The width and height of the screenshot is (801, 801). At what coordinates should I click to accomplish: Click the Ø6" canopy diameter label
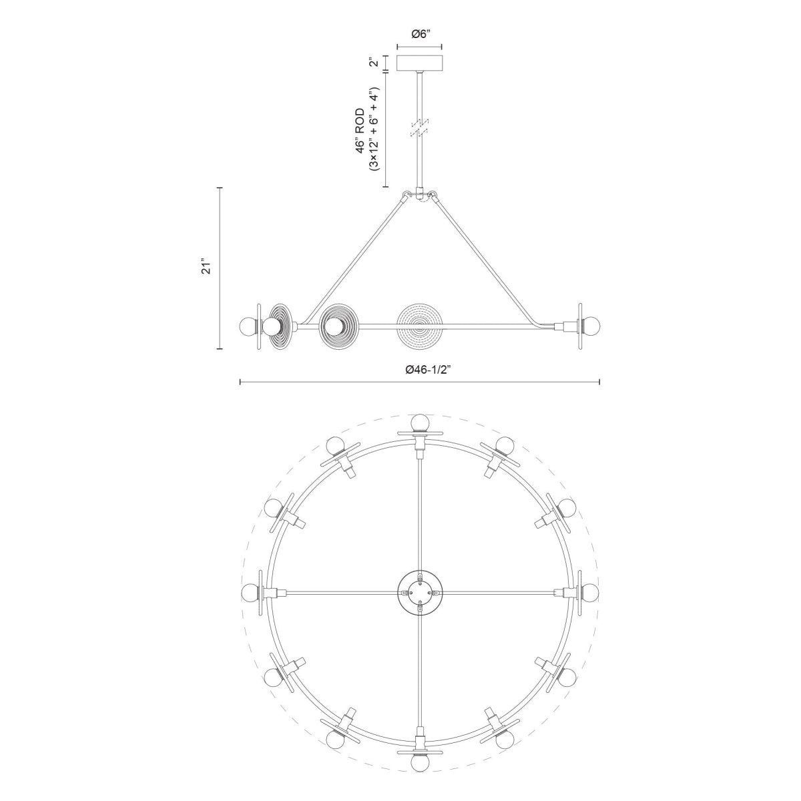click(x=419, y=35)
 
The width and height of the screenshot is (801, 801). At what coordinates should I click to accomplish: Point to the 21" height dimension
click(x=208, y=268)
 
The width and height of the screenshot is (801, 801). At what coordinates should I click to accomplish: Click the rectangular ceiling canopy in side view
click(x=419, y=64)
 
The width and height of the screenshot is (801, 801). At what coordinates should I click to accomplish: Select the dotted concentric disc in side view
click(x=419, y=326)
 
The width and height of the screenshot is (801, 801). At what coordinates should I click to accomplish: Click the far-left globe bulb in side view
click(x=248, y=326)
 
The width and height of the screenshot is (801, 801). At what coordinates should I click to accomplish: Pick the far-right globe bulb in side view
click(x=591, y=326)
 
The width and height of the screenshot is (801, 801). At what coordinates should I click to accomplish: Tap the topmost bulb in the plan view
click(x=419, y=422)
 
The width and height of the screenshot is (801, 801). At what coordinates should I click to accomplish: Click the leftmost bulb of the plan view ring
click(x=251, y=592)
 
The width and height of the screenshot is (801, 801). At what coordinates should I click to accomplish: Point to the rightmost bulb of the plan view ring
click(x=589, y=592)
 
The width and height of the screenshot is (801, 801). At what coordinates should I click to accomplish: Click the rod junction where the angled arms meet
click(x=419, y=196)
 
